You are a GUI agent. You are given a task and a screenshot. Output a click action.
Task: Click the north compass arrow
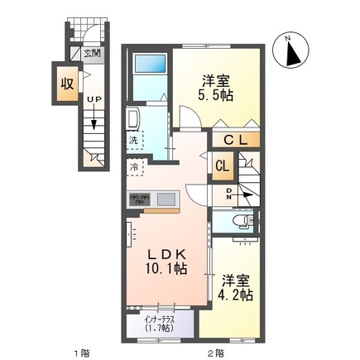click(x=290, y=52)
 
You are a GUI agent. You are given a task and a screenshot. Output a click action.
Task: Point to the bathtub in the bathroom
click(x=150, y=64)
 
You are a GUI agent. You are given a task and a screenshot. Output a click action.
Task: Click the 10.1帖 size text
click(x=169, y=270)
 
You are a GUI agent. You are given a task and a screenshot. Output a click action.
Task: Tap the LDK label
click(x=166, y=253)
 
